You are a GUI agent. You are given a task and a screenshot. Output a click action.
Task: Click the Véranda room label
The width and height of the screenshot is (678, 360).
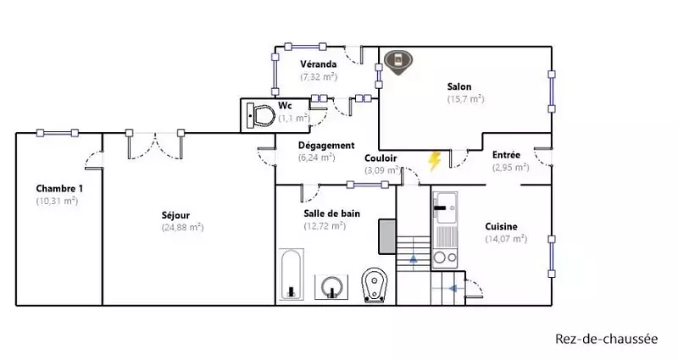pos(319,64)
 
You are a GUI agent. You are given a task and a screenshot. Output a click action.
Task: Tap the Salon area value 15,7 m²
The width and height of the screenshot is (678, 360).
pos(465,99)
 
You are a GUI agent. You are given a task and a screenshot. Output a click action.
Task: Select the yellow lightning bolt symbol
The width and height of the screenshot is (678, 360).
pos(434,161)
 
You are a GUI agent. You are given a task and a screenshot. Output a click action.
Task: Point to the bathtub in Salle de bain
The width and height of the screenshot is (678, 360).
pos(291,274)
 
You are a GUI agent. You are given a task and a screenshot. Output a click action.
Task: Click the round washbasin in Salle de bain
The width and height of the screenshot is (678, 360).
pos(331,286)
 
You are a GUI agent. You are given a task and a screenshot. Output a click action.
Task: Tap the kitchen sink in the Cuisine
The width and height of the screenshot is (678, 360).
pos(445,208)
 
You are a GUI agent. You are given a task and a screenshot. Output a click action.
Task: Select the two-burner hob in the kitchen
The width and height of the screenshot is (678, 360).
pos(445,258)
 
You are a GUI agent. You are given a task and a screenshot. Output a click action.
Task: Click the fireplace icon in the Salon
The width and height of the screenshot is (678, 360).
pos(398,62)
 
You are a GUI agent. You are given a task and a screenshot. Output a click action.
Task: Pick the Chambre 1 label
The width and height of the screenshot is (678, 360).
pos(59,188)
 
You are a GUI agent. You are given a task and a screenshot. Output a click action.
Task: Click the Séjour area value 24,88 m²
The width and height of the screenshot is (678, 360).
pos(182,227)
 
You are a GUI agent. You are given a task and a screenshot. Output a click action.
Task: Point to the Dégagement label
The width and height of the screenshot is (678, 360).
pos(326,145)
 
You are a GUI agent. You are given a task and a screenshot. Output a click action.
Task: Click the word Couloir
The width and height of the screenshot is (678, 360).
pos(381,158)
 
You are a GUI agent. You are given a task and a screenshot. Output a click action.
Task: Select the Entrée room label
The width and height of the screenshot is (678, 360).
pos(506,155)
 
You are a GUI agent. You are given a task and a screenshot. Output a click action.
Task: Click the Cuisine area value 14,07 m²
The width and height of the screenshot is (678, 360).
pos(506,239)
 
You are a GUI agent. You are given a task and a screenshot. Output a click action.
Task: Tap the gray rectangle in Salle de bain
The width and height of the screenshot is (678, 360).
pos(387,236)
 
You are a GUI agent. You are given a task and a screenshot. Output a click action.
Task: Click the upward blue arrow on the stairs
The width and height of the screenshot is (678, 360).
pos(414,258)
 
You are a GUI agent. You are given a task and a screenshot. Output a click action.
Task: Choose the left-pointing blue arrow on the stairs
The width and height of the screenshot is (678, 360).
pos(453,288)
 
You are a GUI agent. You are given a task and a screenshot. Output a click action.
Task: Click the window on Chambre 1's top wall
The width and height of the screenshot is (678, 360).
pos(58,133)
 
